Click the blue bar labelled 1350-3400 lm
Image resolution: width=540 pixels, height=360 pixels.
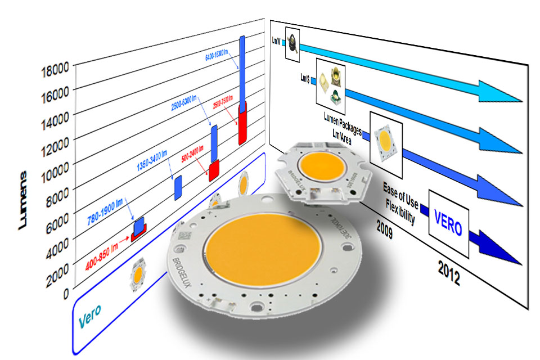click(178, 187)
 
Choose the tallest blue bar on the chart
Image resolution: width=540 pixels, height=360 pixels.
click(242, 70)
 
